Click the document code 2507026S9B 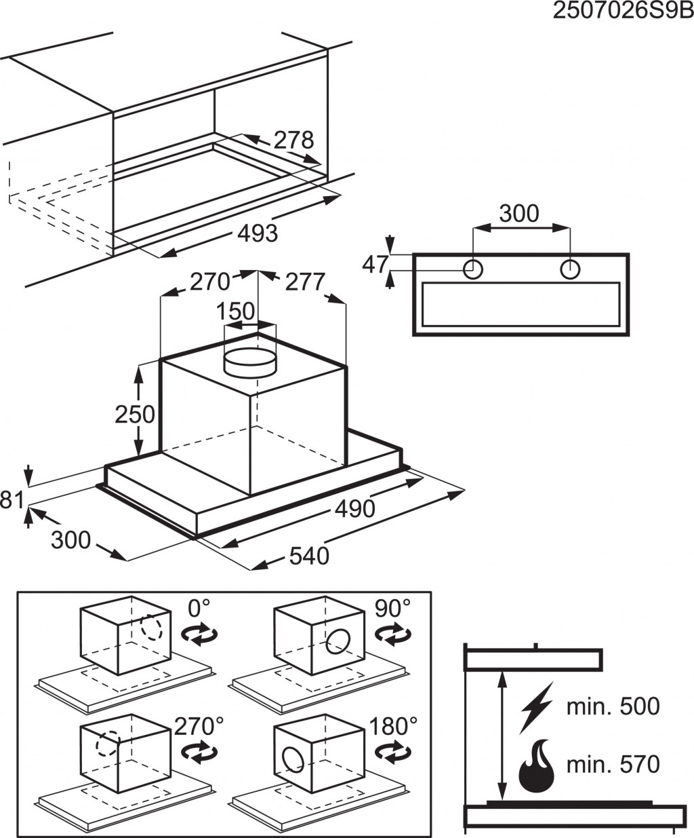click(623, 12)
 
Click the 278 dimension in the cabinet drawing click(293, 140)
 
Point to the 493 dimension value click(258, 233)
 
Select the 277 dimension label click(305, 281)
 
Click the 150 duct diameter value click(235, 311)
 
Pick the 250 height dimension click(135, 414)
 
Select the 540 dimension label click(309, 556)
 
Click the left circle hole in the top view click(473, 269)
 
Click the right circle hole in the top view click(570, 269)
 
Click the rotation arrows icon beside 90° click(393, 635)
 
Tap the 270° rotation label click(199, 726)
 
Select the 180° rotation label click(393, 726)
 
